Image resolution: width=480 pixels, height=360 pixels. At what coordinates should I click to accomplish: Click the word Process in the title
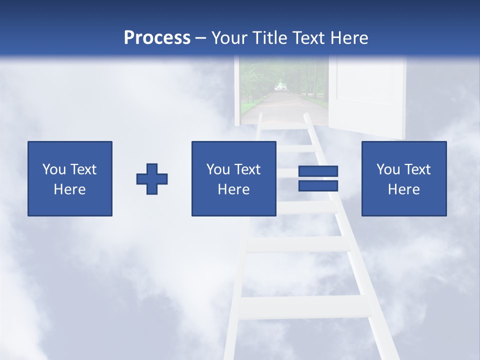coord(157,37)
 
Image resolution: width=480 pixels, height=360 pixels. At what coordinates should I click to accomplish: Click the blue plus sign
coord(152,179)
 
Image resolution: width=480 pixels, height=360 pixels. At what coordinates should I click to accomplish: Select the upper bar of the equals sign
coord(318,171)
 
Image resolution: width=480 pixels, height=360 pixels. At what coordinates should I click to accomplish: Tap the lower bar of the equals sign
coord(318,186)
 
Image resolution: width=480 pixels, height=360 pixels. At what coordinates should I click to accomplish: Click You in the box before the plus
coord(54,169)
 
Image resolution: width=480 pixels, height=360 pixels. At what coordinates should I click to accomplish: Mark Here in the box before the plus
coord(69,189)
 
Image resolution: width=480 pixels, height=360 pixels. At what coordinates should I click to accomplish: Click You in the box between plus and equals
coord(218,169)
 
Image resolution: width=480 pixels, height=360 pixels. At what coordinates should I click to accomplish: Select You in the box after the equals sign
coord(388,169)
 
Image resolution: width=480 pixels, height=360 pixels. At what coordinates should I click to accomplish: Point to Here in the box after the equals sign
coord(403,189)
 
